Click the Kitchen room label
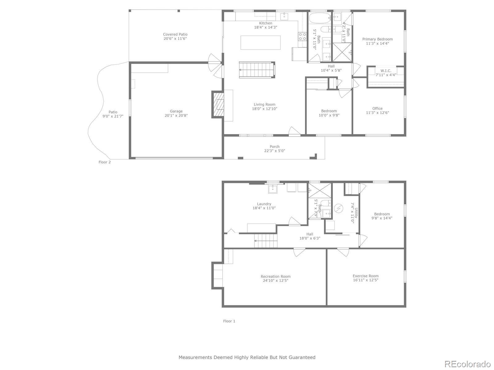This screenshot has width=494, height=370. tap(266, 23)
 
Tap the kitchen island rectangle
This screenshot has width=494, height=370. tap(261, 43)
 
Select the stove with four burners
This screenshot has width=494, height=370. tap(302, 37)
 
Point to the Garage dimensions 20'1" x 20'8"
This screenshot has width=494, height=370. tap(176, 116)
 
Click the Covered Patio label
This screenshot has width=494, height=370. tap(175, 35)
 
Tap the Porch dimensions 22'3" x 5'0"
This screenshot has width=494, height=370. tap(274, 151)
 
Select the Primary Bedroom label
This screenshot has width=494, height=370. tap(377, 39)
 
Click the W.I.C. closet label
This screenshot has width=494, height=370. tap(386, 71)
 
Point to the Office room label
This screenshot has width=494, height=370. tap(377, 109)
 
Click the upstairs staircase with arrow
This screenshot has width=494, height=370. tap(257, 70)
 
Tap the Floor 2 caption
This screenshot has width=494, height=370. tap(105, 162)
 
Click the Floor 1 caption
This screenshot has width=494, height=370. tap(229, 321)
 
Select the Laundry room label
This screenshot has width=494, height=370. tap(264, 204)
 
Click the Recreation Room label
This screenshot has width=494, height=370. tap(275, 277)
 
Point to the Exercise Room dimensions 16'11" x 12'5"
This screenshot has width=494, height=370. tap(366, 280)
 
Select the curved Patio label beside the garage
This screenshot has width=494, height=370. tap(113, 112)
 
